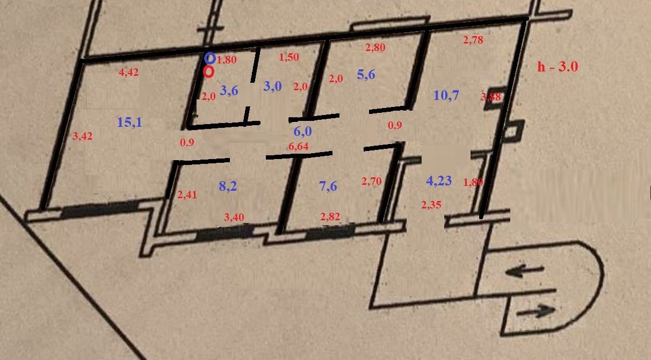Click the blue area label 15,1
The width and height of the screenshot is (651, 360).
129,123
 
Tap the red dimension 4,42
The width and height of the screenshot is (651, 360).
128,73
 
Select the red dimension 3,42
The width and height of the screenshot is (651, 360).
82,136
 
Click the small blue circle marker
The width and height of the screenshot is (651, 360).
210,58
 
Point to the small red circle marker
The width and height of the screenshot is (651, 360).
209,71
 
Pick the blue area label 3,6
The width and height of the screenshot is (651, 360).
229,90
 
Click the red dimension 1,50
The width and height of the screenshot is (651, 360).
289,57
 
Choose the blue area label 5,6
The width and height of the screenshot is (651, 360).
366,75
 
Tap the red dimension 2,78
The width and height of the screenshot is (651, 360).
473,39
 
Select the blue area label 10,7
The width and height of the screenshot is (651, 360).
446,96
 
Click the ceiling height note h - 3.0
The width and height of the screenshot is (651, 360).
558,67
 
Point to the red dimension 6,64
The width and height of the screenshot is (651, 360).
299,146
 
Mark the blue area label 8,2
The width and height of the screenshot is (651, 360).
228,186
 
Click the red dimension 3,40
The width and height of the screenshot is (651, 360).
234,217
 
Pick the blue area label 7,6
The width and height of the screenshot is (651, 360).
328,186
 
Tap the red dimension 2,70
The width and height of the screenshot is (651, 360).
372,182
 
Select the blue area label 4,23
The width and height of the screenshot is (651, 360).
439,181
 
